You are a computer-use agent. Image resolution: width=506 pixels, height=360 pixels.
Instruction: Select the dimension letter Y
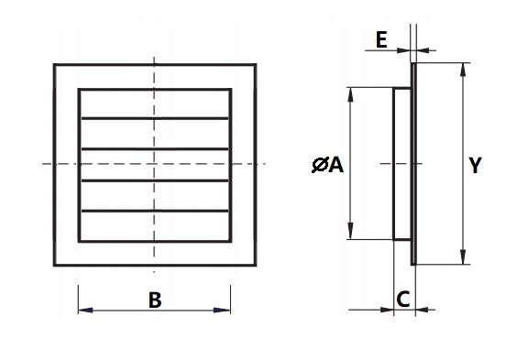coord(474,165)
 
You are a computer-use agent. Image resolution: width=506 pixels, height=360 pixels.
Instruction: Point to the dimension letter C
coord(403,299)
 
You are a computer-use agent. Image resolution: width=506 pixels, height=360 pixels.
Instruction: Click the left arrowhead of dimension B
coord(83,311)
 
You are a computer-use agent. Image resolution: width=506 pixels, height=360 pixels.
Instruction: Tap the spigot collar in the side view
coord(401,165)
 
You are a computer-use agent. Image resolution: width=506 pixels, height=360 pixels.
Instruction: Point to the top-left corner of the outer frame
coord(55,64)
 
